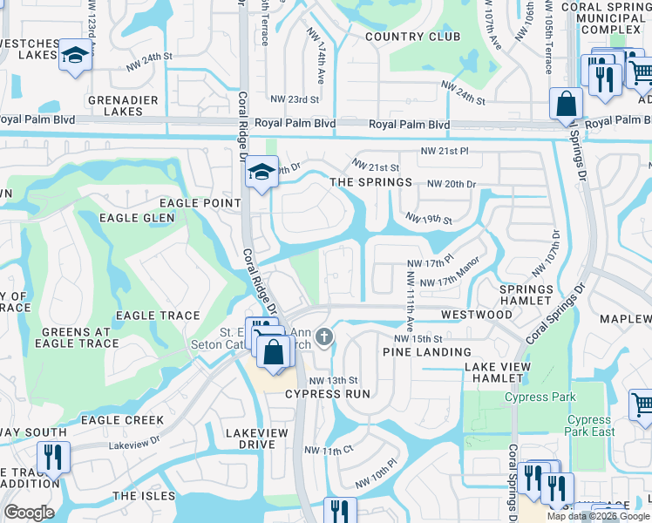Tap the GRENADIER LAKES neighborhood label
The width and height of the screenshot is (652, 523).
click(x=123, y=105)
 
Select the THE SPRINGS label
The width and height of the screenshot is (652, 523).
click(x=370, y=182)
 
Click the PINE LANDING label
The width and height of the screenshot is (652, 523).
click(x=415, y=351)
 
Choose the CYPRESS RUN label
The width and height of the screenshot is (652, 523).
click(x=328, y=394)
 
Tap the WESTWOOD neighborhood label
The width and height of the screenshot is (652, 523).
click(x=477, y=314)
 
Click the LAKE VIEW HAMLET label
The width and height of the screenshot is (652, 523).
click(x=498, y=372)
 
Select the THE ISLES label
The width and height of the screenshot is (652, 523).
click(x=138, y=495)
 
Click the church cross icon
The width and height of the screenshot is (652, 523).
click(x=324, y=336)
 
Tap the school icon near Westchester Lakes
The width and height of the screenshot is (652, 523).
click(x=75, y=58)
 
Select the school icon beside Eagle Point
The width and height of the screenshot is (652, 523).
click(x=260, y=172)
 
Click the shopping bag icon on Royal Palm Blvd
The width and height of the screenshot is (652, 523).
click(x=566, y=104)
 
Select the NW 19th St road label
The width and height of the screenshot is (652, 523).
click(x=428, y=219)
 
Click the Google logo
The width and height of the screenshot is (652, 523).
click(x=29, y=513)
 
